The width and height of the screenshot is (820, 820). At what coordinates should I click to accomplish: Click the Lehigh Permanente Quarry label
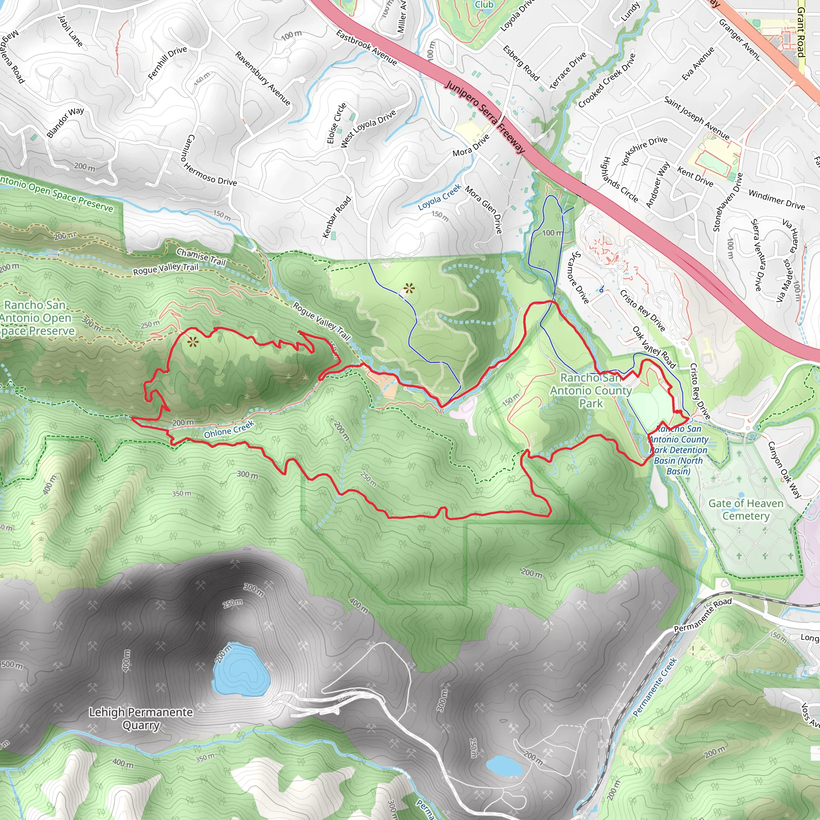[x=141, y=719]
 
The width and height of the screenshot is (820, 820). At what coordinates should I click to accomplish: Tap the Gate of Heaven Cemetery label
[x=745, y=509]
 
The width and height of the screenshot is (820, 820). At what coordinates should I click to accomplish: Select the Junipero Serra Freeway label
[x=485, y=117]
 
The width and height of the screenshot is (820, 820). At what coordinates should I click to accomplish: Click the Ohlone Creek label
[x=229, y=429]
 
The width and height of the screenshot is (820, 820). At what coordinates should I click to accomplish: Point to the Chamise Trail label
[x=201, y=256]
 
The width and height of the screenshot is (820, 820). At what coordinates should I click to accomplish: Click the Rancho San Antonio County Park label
[x=591, y=390]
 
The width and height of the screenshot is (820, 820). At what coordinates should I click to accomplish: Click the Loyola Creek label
[x=439, y=197]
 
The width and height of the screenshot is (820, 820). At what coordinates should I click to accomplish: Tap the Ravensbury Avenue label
[x=263, y=78]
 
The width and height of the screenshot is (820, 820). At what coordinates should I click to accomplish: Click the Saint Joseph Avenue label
[x=697, y=119]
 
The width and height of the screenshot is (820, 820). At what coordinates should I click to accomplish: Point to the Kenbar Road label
[x=337, y=217]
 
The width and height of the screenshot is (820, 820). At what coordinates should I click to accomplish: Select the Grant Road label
[x=800, y=32]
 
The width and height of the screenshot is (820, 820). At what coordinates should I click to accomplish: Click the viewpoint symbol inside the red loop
[x=193, y=342]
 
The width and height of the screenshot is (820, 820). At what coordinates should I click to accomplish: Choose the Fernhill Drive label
[x=167, y=62]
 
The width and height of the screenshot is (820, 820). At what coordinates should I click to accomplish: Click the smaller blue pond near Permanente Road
[x=503, y=765]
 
